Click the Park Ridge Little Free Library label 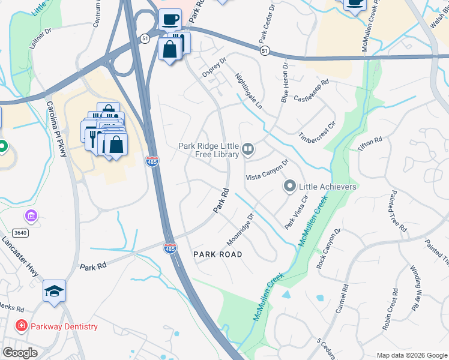pyautogui.click(x=209, y=149)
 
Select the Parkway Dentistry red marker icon pyautogui.click(x=21, y=326)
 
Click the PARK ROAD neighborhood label pyautogui.click(x=218, y=254)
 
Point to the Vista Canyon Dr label pyautogui.click(x=268, y=170)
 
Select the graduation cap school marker pyautogui.click(x=54, y=291)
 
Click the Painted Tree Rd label pyautogui.click(x=397, y=211)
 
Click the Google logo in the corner pyautogui.click(x=20, y=353)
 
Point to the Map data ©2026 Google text pyautogui.click(x=411, y=355)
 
